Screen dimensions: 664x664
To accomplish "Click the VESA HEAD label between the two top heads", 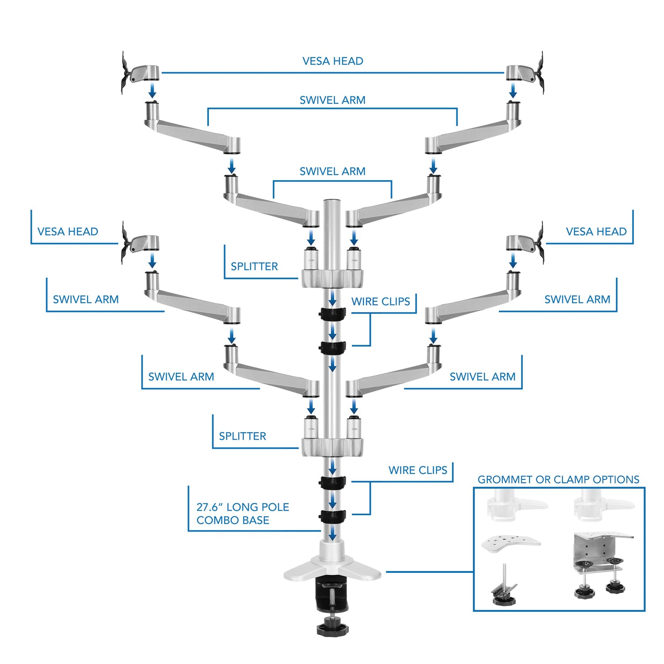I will click(332, 61).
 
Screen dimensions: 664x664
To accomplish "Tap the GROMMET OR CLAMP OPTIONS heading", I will click(558, 479).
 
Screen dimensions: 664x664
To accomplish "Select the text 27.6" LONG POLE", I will click(243, 507).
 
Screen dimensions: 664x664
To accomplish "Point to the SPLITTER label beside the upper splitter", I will click(254, 266).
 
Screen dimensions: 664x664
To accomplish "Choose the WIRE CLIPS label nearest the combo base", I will click(417, 470).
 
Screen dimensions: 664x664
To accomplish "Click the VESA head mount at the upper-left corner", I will click(138, 73).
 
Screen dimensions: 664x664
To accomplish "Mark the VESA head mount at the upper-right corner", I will click(526, 73).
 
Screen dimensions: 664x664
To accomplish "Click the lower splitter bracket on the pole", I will click(332, 447).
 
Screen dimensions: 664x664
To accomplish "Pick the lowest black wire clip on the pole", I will click(332, 516).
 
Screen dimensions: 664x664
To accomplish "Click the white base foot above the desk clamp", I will click(332, 569).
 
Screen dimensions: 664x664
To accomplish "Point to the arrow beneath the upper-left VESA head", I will click(152, 91).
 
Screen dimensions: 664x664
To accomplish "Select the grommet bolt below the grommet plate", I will click(505, 587).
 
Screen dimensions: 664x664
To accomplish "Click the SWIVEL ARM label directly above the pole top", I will click(332, 171).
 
